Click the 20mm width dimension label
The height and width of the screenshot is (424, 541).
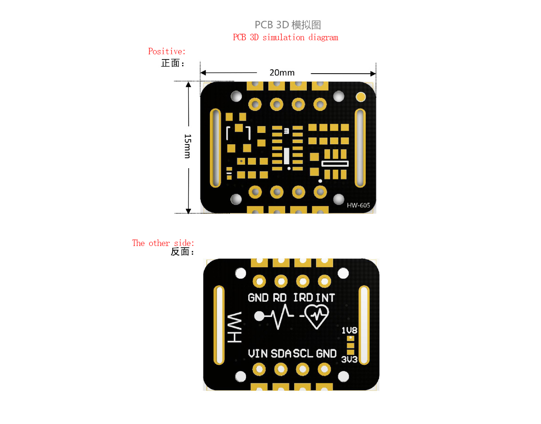(x=282, y=73)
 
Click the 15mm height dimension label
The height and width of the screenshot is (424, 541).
(x=187, y=146)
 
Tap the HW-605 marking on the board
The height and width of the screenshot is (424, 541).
(x=358, y=205)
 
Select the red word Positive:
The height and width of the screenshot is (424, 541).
(x=167, y=52)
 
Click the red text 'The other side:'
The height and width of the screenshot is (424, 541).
(x=163, y=243)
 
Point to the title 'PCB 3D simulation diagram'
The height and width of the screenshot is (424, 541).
(x=285, y=37)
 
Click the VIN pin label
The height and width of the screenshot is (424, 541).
(x=257, y=353)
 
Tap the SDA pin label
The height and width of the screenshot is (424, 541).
(x=281, y=353)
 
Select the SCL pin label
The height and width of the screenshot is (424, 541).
(x=303, y=353)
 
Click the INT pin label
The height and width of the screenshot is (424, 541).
(x=325, y=298)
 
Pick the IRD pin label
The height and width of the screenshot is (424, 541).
(x=303, y=298)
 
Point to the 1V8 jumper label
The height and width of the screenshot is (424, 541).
(x=349, y=330)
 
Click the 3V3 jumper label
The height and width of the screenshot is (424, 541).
(x=349, y=359)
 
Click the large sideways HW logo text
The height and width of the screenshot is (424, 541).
(x=234, y=327)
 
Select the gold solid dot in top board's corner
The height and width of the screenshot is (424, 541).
(x=360, y=97)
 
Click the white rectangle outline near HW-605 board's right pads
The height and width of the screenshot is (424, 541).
(x=335, y=164)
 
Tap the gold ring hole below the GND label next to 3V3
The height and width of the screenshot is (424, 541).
(x=324, y=369)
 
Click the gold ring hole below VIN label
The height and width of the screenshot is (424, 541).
(x=259, y=369)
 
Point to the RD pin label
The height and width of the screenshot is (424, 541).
(x=279, y=298)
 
